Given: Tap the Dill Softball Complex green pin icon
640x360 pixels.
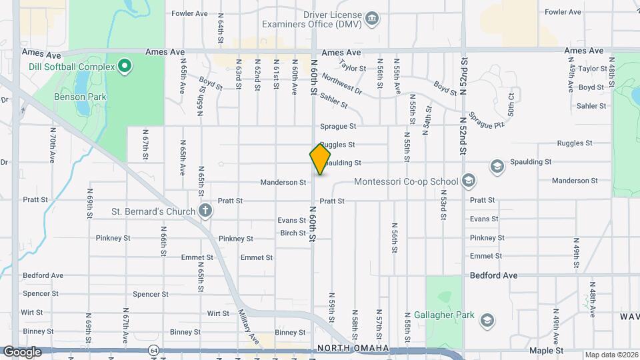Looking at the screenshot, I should coord(124,66).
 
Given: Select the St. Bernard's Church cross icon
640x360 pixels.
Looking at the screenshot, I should coord(206,212).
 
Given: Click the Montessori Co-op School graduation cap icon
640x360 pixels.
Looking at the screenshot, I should coord(469,181).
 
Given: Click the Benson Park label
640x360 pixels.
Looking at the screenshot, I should coord(80,97).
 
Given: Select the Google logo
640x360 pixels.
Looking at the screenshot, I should coord(22,352).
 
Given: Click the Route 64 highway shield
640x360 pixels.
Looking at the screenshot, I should coord(154,349).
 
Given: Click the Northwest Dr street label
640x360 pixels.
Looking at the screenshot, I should coord(341,83).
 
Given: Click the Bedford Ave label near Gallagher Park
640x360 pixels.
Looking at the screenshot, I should coord(494,275).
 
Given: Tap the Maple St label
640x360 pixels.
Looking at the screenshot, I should coord(546,350).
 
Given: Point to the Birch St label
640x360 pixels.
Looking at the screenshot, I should coord(293,233).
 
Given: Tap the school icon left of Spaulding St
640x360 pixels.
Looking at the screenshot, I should coord(496,166).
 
